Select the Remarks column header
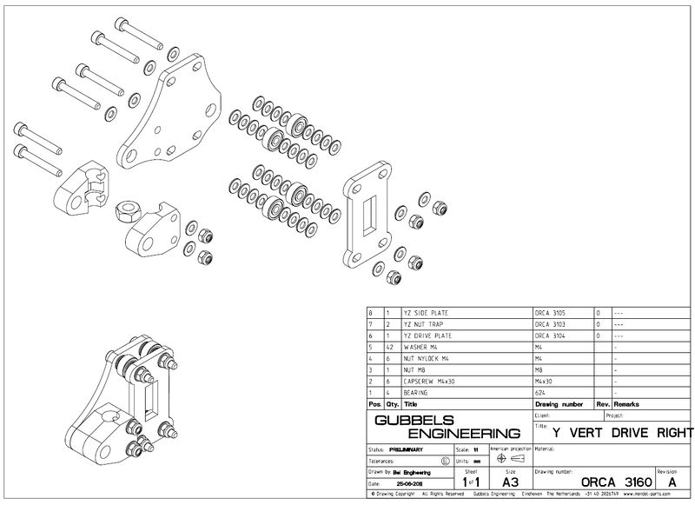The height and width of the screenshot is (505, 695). (627, 404)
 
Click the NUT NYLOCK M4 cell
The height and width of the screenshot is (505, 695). (431, 358)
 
